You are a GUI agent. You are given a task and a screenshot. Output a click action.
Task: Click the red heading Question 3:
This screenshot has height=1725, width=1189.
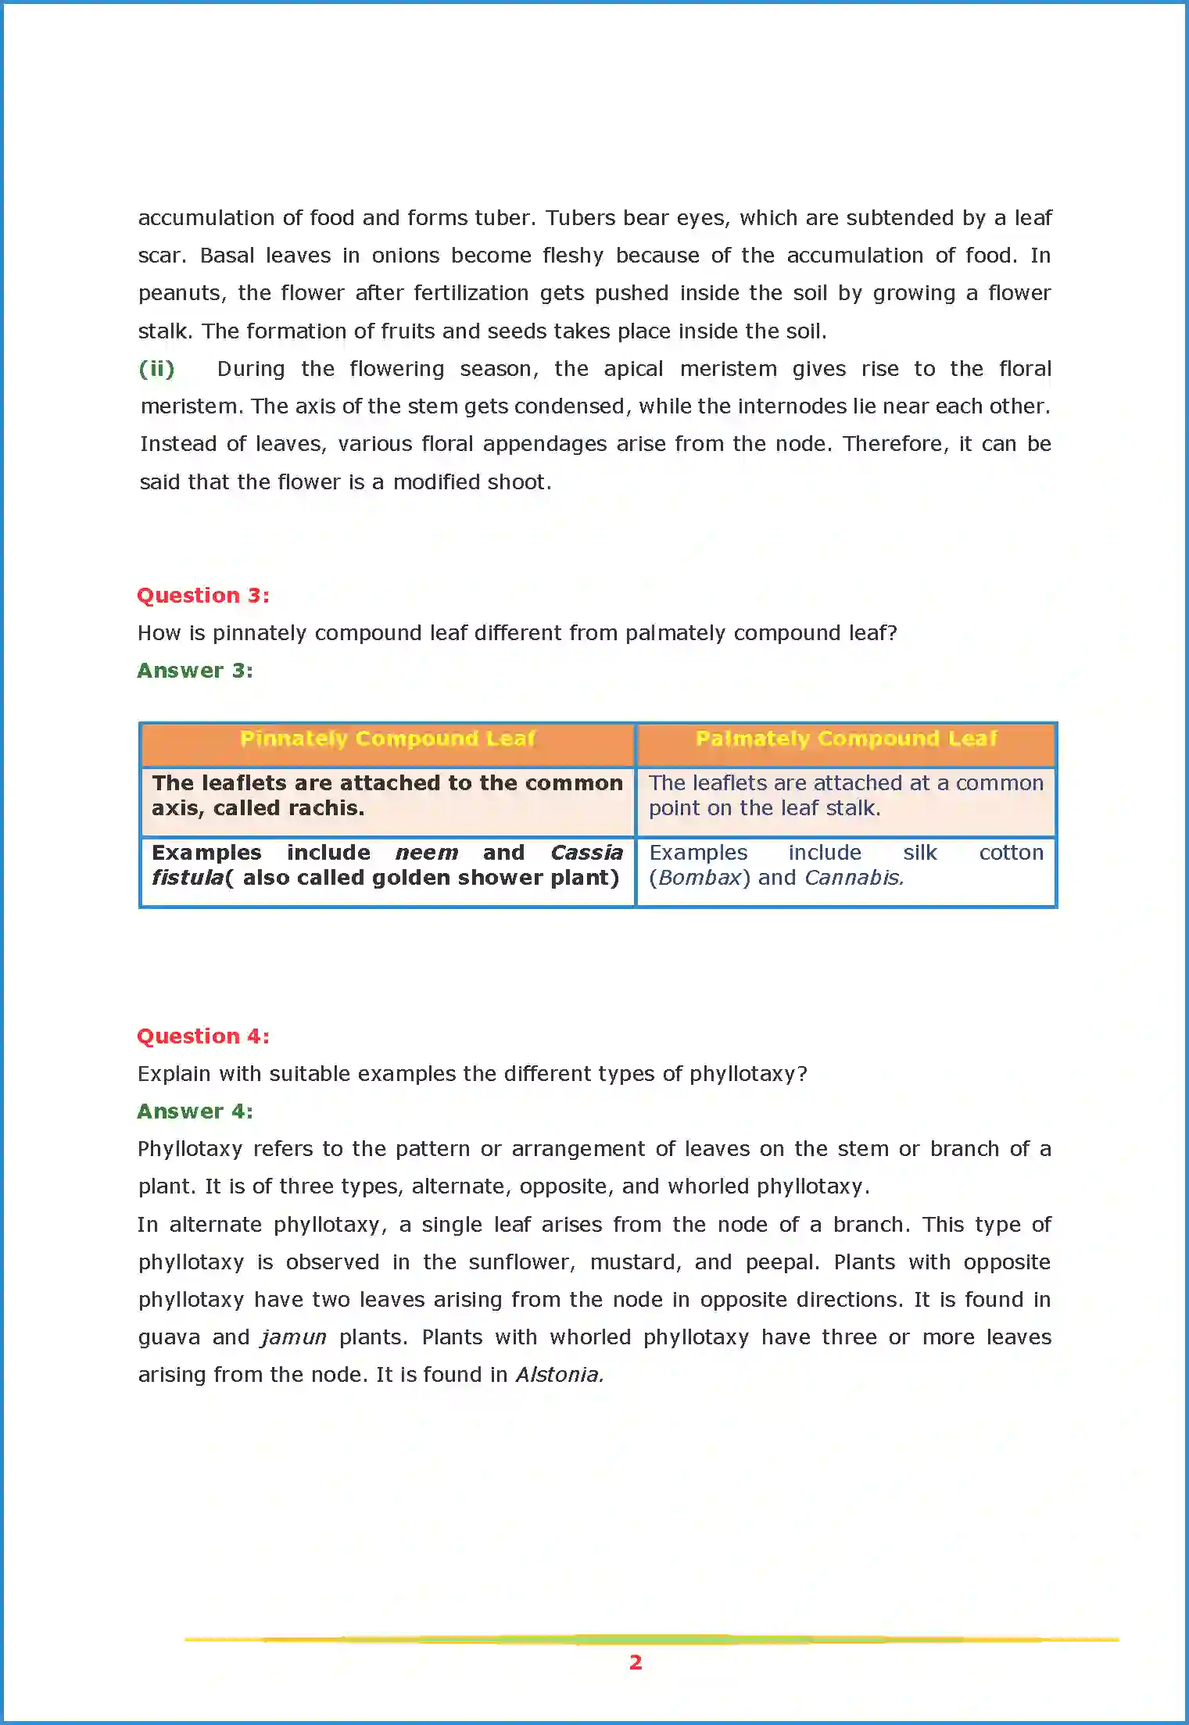(x=203, y=596)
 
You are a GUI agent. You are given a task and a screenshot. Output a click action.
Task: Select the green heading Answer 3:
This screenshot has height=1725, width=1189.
(x=195, y=671)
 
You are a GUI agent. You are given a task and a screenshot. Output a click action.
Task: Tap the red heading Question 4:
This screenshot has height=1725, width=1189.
(x=203, y=1036)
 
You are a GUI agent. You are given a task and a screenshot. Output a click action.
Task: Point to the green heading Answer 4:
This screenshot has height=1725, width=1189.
(x=195, y=1111)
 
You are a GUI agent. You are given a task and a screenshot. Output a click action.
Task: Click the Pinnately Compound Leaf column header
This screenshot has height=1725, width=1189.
(x=387, y=739)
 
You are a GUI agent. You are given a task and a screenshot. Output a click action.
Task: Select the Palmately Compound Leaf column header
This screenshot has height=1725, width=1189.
(x=846, y=739)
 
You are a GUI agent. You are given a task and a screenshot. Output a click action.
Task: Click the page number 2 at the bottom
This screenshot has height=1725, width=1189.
(x=636, y=1662)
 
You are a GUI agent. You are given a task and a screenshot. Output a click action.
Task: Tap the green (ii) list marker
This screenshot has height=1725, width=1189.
(x=156, y=369)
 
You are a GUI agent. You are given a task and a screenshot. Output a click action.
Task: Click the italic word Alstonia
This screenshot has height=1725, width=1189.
(x=559, y=1375)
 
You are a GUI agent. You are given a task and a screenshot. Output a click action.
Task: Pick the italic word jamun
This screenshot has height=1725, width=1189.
(x=294, y=1337)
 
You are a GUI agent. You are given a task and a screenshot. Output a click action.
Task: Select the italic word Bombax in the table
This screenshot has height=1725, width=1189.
(x=699, y=878)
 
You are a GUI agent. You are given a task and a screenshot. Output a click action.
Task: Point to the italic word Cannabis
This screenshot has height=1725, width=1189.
(x=854, y=878)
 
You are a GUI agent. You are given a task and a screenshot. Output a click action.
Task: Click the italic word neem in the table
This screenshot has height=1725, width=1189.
(x=427, y=853)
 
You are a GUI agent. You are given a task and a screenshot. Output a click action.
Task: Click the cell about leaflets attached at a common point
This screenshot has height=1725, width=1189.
(x=845, y=796)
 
